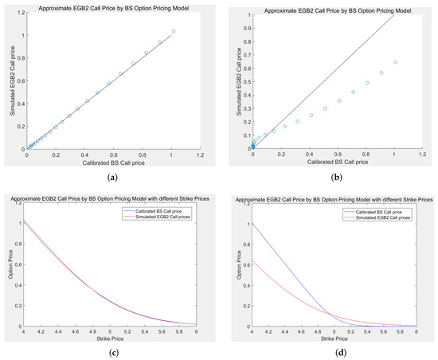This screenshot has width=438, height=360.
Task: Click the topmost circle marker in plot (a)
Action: tap(173, 31)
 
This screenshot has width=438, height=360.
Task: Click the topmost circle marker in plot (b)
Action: tap(395, 62)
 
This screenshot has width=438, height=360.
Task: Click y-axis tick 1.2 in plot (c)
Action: tap(19, 197)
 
